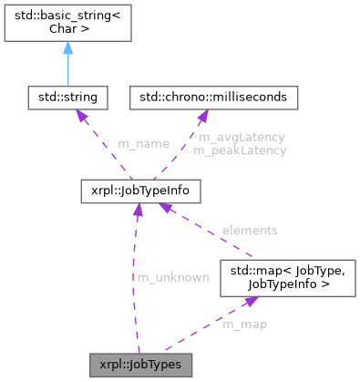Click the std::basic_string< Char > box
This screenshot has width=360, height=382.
pos(67,22)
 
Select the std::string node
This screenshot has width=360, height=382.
pos(67,95)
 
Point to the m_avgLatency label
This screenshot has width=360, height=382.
pos(242,137)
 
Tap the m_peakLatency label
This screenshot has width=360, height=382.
pos(242,150)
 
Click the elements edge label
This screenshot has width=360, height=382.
pos(249,231)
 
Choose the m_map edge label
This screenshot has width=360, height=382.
pos(244,324)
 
